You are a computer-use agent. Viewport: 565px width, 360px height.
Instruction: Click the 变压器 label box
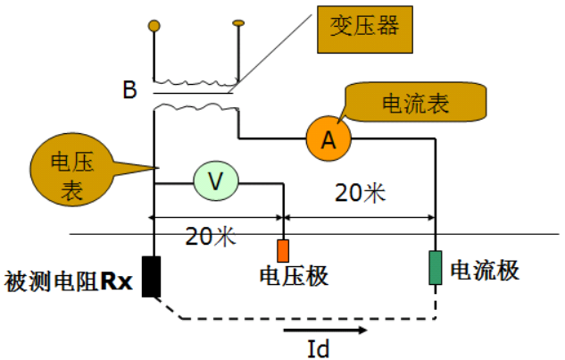tap(364, 28)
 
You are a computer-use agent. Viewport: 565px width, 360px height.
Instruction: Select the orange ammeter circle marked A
tap(328, 138)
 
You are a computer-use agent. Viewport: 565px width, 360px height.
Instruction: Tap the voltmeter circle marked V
tap(215, 181)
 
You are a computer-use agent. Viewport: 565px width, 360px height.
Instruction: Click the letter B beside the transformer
tap(130, 89)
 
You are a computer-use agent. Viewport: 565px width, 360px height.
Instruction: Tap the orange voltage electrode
tap(283, 249)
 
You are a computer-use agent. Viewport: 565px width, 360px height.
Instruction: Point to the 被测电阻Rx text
tap(69, 283)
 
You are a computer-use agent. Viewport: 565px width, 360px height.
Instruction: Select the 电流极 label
tap(485, 269)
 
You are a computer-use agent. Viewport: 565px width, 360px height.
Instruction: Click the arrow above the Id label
tap(326, 331)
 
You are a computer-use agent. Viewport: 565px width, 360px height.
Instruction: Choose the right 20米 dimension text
tap(360, 192)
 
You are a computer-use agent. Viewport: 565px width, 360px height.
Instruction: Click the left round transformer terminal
tap(154, 27)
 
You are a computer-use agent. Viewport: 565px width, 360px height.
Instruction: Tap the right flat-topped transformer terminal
tap(238, 22)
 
